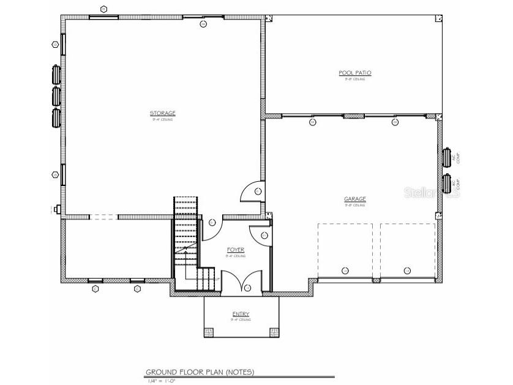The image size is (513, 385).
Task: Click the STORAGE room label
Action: tap(163, 113)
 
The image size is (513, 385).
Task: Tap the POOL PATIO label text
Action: tap(355, 73)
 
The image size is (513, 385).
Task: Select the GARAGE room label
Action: tap(355, 199)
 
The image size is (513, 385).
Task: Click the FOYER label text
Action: tap(236, 250)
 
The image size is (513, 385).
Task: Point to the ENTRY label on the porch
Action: tap(241, 314)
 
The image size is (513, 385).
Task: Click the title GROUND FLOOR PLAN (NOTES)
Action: tap(200, 372)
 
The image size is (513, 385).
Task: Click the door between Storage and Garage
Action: tap(252, 192)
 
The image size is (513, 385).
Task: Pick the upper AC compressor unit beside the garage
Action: tap(447, 157)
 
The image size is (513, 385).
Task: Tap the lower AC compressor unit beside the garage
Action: tap(447, 183)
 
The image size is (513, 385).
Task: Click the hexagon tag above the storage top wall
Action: tap(103, 9)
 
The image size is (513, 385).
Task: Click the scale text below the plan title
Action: tap(162, 381)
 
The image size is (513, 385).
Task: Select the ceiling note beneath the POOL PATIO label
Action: tap(355, 79)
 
